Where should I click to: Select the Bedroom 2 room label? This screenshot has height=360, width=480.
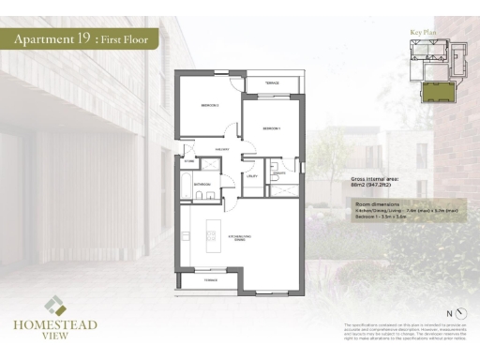click(209, 105)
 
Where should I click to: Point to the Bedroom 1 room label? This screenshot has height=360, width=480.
click(272, 127)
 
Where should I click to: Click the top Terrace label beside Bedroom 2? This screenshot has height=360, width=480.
click(271, 83)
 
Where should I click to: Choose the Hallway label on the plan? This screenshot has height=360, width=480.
click(223, 149)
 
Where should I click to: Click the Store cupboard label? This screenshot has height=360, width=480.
click(189, 161)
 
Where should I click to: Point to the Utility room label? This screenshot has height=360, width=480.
click(252, 176)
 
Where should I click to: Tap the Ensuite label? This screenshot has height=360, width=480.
click(277, 173)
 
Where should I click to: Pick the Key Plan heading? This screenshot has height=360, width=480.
click(424, 33)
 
